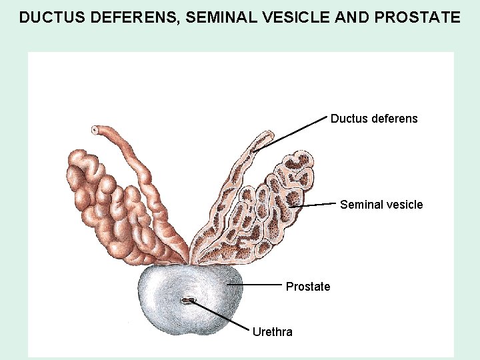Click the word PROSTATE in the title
coord(419,17)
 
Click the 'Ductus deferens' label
coord(374,119)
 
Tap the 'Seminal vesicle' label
coord(381,205)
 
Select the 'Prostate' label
coord(308,287)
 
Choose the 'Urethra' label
coord(272,332)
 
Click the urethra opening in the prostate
coord(187,301)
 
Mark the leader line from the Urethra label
coord(220,316)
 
